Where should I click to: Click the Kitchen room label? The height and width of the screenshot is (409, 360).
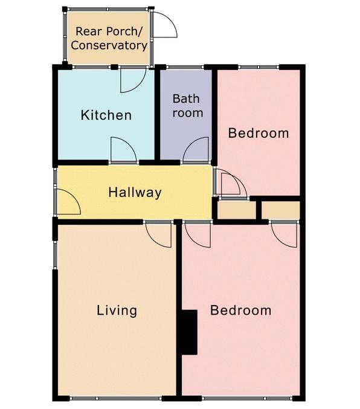click(x=106, y=115)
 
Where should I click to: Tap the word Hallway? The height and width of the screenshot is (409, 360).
click(x=135, y=193)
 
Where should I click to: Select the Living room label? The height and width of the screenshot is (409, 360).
click(x=117, y=311)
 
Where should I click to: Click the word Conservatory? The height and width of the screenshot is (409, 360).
click(x=109, y=45)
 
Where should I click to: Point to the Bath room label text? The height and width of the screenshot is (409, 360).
click(x=188, y=106)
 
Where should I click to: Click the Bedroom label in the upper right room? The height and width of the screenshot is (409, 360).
click(x=259, y=133)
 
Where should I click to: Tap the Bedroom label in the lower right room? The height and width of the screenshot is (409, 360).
click(x=240, y=311)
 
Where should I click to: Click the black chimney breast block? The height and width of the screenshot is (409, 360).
click(x=189, y=332)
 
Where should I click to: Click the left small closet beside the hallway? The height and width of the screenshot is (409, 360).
click(x=236, y=210)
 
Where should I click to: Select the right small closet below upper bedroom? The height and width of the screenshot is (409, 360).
click(x=281, y=210)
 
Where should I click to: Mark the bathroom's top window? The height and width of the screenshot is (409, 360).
click(x=185, y=67)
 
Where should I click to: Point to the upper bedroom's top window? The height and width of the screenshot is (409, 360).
click(x=259, y=67)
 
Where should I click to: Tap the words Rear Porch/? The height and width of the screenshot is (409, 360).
click(x=109, y=31)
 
